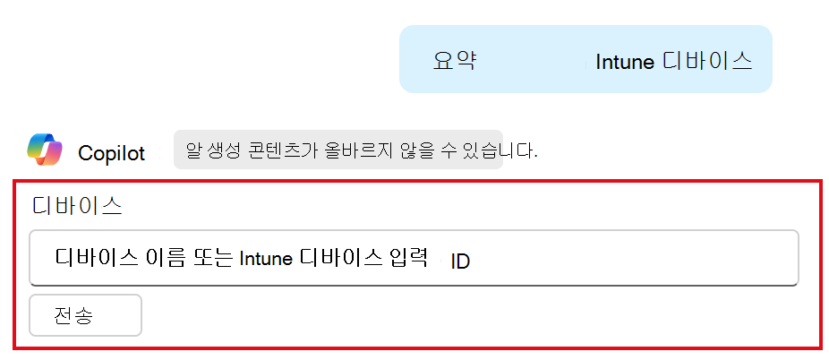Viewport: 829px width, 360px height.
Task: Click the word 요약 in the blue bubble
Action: (x=454, y=61)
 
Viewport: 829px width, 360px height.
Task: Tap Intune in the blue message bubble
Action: (x=625, y=62)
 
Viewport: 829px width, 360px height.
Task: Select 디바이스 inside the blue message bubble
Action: (x=707, y=61)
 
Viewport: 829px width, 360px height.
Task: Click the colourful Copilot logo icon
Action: (x=45, y=150)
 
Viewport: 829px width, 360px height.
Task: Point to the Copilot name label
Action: (x=111, y=153)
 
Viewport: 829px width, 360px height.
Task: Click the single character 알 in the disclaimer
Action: (x=192, y=150)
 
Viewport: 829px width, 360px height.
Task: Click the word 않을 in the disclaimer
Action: (x=394, y=150)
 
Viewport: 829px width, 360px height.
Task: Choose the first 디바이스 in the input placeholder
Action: (x=96, y=259)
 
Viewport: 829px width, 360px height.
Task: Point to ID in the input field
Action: (x=460, y=262)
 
